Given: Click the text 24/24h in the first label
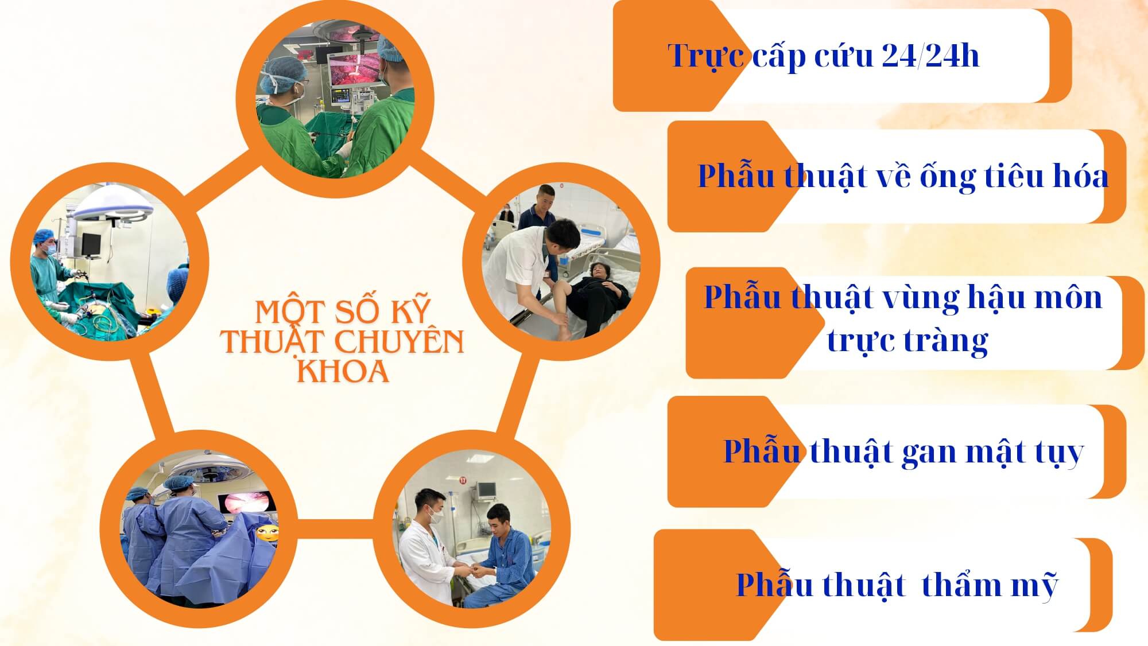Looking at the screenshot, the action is coord(930,56).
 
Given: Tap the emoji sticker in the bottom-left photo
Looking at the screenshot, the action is coord(267,534).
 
